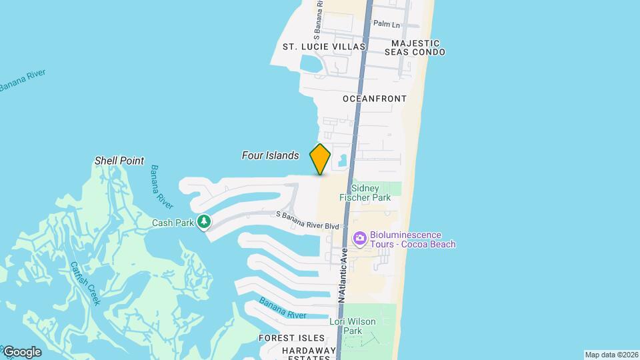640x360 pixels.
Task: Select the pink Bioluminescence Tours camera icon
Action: coord(360,238)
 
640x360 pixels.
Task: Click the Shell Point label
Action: coord(119,161)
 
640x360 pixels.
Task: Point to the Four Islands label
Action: coord(270,155)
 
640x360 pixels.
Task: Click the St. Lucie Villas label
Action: coord(324,47)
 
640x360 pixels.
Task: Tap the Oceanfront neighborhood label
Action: coord(375,99)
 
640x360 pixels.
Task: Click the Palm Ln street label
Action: coord(386,24)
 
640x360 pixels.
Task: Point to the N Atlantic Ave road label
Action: coord(343,275)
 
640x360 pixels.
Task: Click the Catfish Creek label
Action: coord(86,283)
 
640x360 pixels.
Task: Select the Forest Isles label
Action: coord(291,338)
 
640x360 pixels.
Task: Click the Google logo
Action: coord(22,352)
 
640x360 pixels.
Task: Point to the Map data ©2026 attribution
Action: coord(611,355)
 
